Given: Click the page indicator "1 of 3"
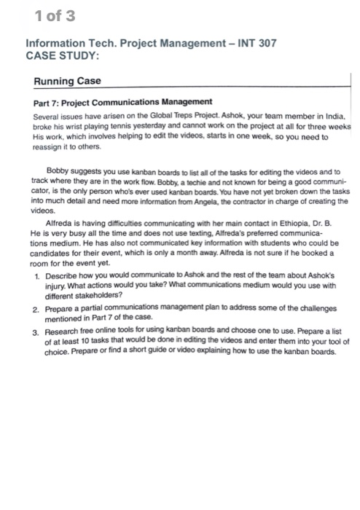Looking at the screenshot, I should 44,15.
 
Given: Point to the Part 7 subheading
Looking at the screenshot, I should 123,101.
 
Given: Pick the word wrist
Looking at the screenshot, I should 76,126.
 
